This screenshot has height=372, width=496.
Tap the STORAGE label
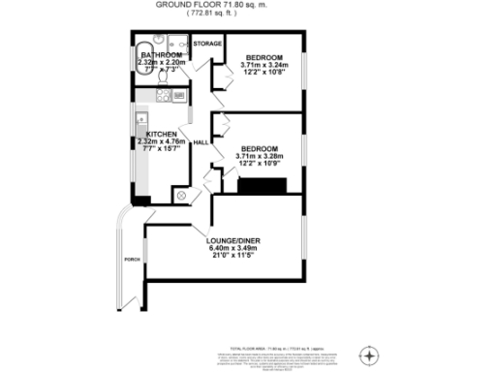[207, 45]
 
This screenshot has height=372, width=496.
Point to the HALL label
[201, 142]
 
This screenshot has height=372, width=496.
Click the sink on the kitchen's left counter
[140, 118]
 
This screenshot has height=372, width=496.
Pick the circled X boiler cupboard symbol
[180, 195]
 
